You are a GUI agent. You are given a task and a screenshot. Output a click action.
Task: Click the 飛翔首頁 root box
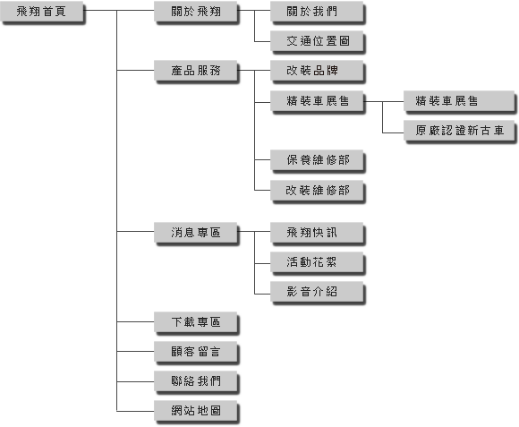[42, 13]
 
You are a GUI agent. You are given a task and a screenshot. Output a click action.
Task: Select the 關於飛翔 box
[196, 13]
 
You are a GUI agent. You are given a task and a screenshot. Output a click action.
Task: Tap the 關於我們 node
[318, 13]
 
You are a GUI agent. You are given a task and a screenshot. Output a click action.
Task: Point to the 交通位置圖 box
[318, 42]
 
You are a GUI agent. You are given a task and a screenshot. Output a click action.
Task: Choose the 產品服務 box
[196, 72]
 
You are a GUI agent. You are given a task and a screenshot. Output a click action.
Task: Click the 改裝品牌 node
[318, 72]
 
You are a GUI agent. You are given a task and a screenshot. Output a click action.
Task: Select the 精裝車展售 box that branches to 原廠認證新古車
[318, 102]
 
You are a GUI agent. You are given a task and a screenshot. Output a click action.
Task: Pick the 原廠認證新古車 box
[460, 132]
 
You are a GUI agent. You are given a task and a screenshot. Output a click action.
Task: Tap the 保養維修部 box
[318, 161]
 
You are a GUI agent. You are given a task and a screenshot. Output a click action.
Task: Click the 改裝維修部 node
[318, 192]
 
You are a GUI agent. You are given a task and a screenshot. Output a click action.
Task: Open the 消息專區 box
[196, 234]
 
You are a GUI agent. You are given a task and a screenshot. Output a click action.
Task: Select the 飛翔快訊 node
[318, 234]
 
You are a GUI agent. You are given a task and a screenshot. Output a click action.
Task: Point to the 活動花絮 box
[318, 263]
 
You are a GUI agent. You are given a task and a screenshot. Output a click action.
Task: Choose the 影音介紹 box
[318, 293]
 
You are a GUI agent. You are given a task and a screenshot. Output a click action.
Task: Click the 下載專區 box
[196, 323]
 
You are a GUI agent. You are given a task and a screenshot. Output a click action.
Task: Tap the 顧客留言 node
[196, 353]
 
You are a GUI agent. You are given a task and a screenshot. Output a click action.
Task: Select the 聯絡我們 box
[196, 382]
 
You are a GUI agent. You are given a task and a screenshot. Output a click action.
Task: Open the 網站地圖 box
[196, 412]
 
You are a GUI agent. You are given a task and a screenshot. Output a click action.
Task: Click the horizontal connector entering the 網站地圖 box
[135, 412]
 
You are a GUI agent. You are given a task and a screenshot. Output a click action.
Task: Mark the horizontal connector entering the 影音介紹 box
[262, 294]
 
